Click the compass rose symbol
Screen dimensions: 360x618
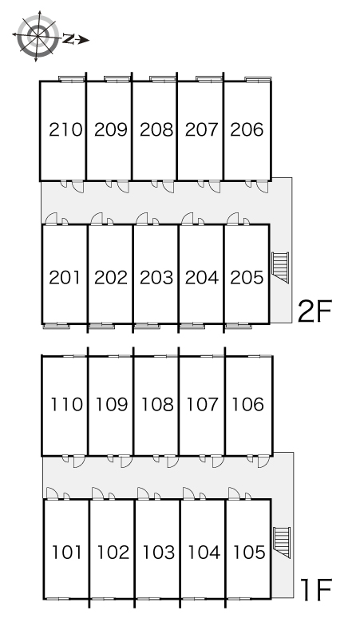[x=38, y=36]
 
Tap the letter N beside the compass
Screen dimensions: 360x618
[x=68, y=39]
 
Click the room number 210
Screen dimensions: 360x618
[x=65, y=129]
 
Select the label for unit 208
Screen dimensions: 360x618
[x=156, y=129]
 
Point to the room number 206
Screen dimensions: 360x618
[x=247, y=129]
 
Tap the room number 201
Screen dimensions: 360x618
[x=65, y=278]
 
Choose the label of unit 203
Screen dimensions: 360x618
[x=156, y=278]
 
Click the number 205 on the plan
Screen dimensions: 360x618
[x=247, y=278]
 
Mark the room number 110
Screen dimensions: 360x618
[x=67, y=404]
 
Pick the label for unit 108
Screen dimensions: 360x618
[x=157, y=404]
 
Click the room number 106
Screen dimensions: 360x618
[x=248, y=404]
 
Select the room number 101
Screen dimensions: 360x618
[x=67, y=553]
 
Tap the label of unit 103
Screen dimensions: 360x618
[x=159, y=553]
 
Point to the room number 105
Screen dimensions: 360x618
[x=249, y=553]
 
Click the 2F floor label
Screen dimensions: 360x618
[x=315, y=311]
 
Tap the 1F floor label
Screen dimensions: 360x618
[x=316, y=589]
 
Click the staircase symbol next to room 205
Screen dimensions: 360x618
[x=280, y=267]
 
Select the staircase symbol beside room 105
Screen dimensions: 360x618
[x=282, y=542]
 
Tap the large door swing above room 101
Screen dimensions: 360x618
[x=52, y=493]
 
